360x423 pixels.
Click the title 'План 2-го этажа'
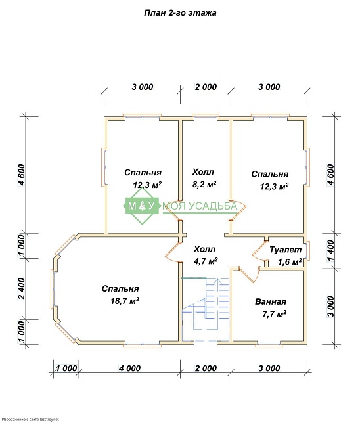click(180, 13)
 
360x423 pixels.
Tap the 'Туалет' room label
click(286, 250)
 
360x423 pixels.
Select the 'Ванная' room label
click(271, 301)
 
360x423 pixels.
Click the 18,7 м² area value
click(125, 301)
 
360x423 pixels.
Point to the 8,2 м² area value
click(204, 185)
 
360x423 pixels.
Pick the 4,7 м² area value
click(206, 261)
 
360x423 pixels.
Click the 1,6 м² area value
click(290, 261)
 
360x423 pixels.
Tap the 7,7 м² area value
click(274, 314)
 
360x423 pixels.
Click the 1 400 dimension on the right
click(330, 251)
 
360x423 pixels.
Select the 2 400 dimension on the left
click(22, 288)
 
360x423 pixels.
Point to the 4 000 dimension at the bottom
click(129, 368)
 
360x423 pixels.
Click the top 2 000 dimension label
click(206, 87)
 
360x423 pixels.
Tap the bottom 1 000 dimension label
click(66, 368)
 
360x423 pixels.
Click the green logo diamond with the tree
click(141, 206)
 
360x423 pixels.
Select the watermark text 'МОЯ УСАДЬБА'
click(200, 206)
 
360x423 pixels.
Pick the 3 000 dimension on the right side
click(330, 307)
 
